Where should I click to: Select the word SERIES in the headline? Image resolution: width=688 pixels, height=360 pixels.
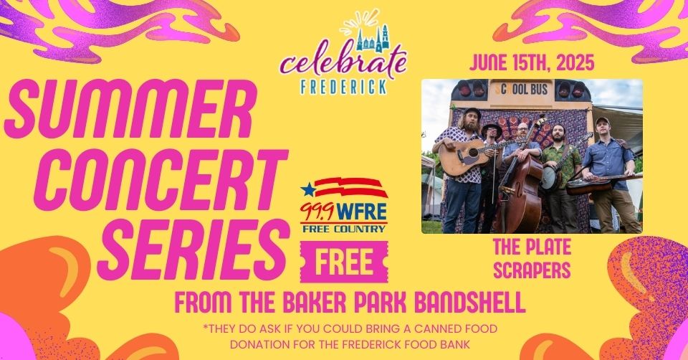click(x=193, y=250)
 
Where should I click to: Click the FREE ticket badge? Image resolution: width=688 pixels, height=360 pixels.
click(x=344, y=262)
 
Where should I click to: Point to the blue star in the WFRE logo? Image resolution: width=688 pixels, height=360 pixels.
click(x=308, y=189)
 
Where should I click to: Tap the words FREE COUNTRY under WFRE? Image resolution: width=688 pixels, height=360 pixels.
click(x=344, y=229)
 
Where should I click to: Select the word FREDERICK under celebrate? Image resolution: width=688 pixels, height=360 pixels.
click(x=343, y=87)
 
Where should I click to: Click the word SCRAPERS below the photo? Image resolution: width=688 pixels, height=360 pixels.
click(x=532, y=270)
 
